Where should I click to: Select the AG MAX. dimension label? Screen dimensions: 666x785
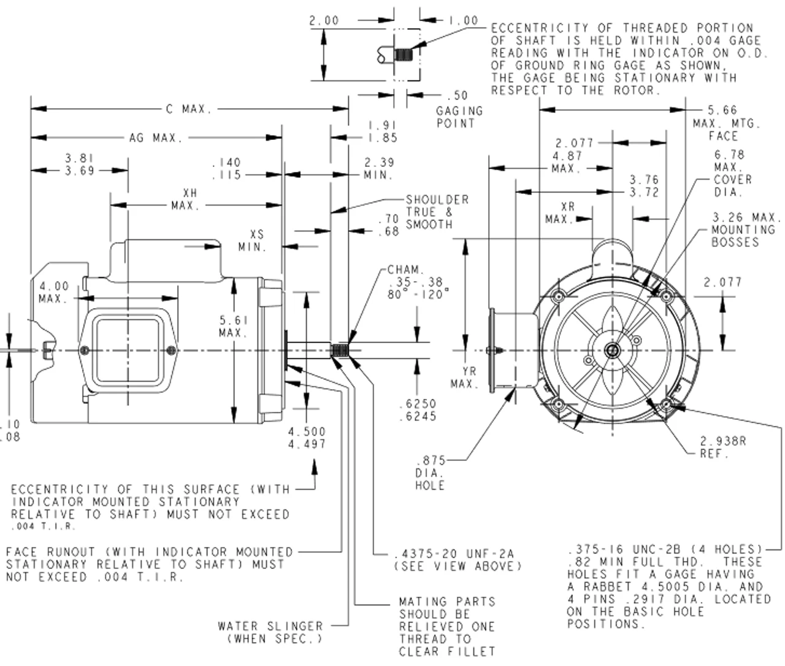point(156,138)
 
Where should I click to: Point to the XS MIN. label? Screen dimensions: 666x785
point(253,241)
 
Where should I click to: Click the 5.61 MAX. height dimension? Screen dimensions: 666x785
point(234,327)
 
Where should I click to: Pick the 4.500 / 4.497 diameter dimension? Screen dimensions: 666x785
point(307,438)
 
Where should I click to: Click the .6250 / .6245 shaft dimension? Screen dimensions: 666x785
point(417,410)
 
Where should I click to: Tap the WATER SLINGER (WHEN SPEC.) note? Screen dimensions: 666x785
point(270,632)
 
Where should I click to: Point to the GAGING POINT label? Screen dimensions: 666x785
point(459,117)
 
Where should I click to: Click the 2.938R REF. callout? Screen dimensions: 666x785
point(723,447)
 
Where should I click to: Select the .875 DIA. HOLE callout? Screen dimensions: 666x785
point(430,473)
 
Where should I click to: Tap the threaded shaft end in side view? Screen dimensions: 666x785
point(339,351)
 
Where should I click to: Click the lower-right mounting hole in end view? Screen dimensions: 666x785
point(667,404)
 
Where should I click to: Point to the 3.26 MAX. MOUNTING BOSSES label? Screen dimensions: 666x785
point(746,230)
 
